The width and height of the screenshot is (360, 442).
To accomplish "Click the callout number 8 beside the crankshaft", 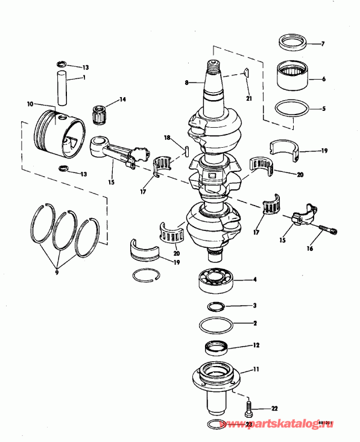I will [x=187, y=82].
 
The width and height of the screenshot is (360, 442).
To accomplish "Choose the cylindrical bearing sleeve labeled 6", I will [x=292, y=77].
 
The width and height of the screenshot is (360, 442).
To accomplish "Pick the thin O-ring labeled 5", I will [x=292, y=109].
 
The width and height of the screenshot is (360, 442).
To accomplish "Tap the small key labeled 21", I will [x=246, y=75].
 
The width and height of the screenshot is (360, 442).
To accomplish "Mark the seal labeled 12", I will [x=218, y=348].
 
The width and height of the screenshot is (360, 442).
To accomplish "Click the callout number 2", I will [x=255, y=324].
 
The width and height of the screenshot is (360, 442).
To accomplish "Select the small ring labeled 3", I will [x=218, y=306].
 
